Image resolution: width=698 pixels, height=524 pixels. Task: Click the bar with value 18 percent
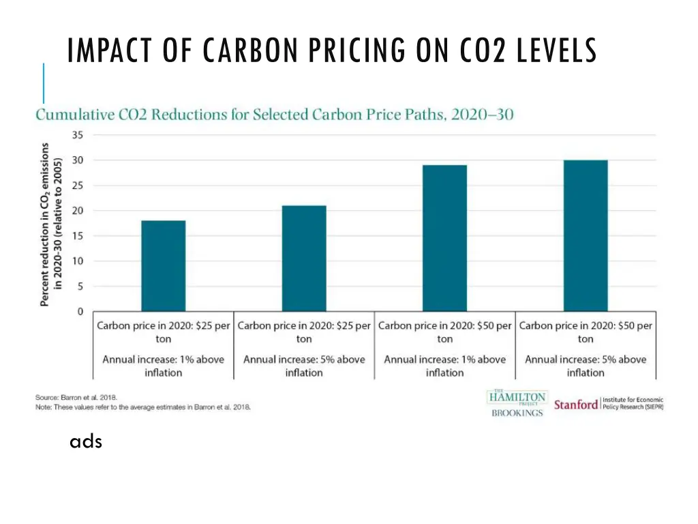pos(163,266)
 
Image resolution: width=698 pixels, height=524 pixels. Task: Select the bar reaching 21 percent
pos(304,259)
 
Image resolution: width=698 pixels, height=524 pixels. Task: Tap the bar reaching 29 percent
pos(444,238)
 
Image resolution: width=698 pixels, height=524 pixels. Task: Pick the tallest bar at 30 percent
pos(586,236)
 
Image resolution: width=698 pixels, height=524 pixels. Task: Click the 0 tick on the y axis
pos(80,312)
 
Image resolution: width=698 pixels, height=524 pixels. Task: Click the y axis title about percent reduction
pos(50,224)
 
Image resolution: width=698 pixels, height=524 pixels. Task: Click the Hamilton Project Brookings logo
pos(517,403)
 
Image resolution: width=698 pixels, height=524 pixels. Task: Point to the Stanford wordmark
pos(576,405)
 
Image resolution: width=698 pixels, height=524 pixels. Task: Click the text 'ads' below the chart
pos(86,442)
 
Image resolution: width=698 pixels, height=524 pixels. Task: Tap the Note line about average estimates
pos(143,407)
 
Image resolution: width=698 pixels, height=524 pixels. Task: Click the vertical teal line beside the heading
pos(44,83)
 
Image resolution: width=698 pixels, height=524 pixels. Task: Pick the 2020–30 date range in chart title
pos(482,115)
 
